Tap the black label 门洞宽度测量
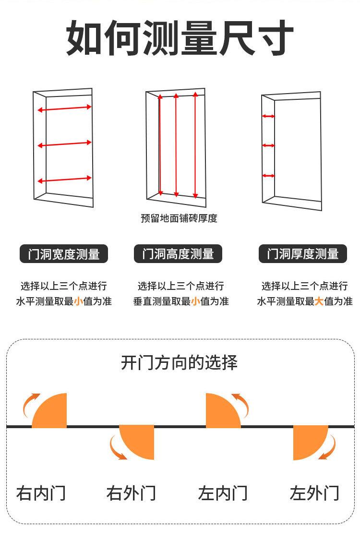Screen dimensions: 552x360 click(64, 254)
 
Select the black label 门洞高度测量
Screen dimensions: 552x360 click(178, 254)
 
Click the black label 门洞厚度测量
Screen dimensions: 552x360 click(302, 254)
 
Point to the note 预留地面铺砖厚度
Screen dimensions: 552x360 click(179, 218)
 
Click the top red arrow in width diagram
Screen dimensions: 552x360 click(64, 108)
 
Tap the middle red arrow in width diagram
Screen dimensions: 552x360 click(64, 144)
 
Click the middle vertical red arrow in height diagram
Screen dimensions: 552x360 click(176, 145)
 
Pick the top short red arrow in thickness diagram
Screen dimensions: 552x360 click(268, 116)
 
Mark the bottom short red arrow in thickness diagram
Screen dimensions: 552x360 click(268, 176)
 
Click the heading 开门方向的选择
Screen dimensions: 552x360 click(179, 363)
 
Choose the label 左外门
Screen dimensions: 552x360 click(314, 493)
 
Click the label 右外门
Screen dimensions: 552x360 click(131, 493)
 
